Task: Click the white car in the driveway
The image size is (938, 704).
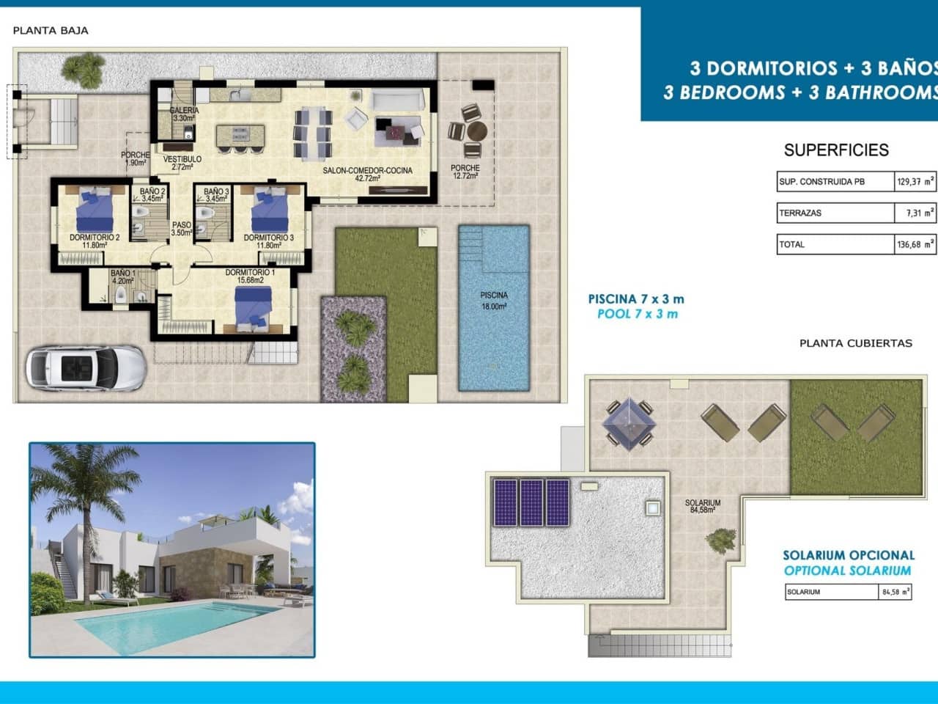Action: (x=86, y=367)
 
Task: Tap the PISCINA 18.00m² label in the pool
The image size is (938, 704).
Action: (x=494, y=301)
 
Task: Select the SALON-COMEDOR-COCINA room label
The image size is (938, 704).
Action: (x=367, y=174)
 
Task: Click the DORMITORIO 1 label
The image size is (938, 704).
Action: (x=250, y=276)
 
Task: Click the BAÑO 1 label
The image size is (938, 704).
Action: (x=122, y=276)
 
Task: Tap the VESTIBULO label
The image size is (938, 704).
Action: (x=182, y=163)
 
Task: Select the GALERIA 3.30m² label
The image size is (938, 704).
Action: (x=184, y=114)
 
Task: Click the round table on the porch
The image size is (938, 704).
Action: (x=477, y=131)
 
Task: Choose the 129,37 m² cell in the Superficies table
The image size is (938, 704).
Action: (x=915, y=181)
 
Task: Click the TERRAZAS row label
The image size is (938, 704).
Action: (x=800, y=213)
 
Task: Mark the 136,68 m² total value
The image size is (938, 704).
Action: (x=915, y=244)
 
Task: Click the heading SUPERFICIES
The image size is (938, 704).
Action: (x=836, y=150)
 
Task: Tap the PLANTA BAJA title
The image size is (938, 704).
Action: (x=51, y=31)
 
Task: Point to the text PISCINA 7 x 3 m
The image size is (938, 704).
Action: (x=636, y=298)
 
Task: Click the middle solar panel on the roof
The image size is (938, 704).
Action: (x=531, y=502)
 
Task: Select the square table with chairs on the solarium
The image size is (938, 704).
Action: (x=628, y=422)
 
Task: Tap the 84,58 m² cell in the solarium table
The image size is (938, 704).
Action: (x=895, y=592)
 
